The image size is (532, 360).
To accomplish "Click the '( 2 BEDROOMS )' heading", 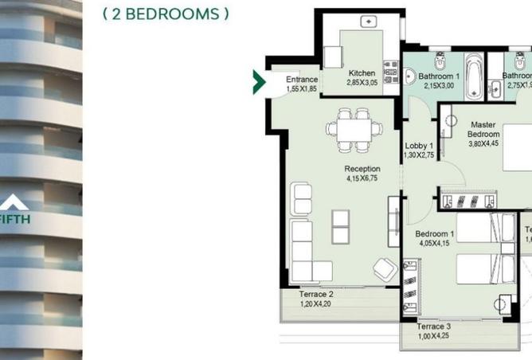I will click(x=166, y=14).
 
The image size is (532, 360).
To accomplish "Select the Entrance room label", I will click(x=302, y=80).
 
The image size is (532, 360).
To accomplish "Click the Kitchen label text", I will click(x=362, y=73).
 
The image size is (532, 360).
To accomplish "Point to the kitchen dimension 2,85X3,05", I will click(x=362, y=83).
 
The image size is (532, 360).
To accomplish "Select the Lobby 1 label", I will click(x=419, y=146).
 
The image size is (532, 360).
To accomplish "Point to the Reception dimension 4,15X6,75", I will click(x=362, y=179).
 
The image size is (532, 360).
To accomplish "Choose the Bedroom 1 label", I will click(x=435, y=234).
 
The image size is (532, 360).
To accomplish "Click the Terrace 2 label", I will click(x=316, y=294).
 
